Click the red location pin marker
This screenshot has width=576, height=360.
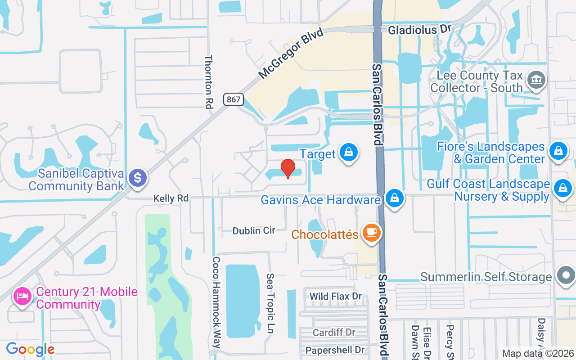(x=288, y=169)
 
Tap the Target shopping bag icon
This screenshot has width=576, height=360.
(x=348, y=153)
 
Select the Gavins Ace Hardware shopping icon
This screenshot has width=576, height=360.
(x=394, y=198)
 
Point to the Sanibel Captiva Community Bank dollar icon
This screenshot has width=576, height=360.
(x=138, y=178)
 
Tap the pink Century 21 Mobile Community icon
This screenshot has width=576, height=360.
(x=22, y=296)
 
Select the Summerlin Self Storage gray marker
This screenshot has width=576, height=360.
(x=566, y=275)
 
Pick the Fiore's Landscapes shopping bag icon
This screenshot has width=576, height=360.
(x=558, y=150)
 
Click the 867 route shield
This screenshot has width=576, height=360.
(x=234, y=99)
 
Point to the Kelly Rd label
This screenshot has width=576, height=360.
(x=171, y=198)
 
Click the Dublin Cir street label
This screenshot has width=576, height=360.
(x=254, y=231)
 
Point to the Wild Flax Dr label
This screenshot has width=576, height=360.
(x=336, y=296)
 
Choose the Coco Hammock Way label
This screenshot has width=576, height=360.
(x=216, y=302)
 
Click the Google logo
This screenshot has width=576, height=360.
(x=30, y=349)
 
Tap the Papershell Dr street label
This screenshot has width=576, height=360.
(x=335, y=350)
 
